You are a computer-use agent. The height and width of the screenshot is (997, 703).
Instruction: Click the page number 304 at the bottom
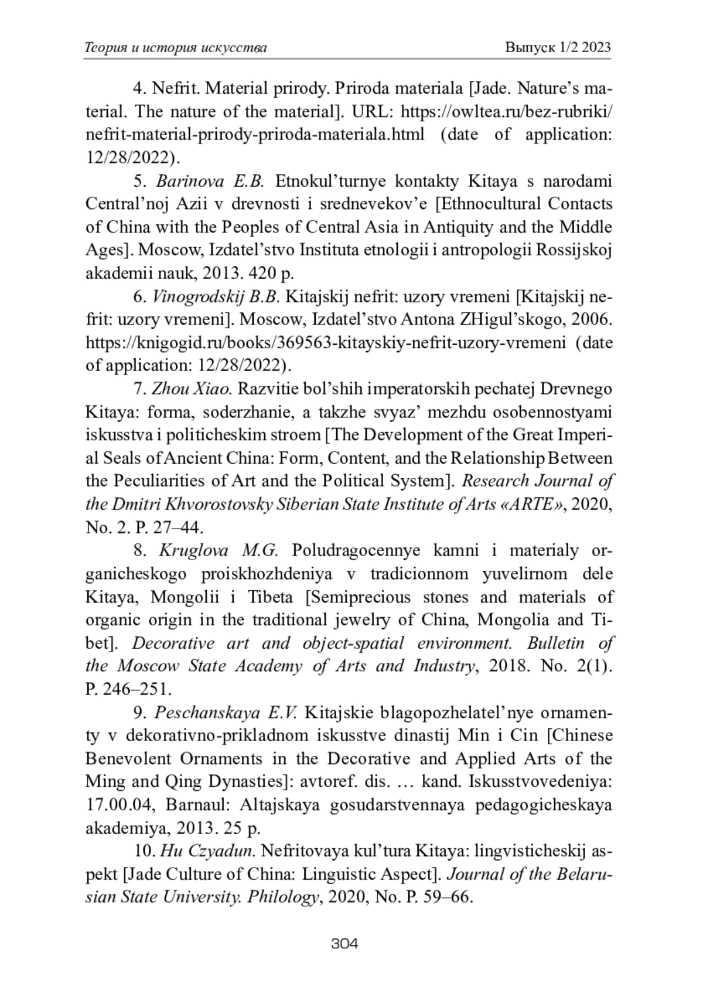(344, 943)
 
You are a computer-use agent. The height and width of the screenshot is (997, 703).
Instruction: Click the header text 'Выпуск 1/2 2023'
(558, 47)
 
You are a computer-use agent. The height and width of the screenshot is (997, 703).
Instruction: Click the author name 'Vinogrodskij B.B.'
(216, 297)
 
